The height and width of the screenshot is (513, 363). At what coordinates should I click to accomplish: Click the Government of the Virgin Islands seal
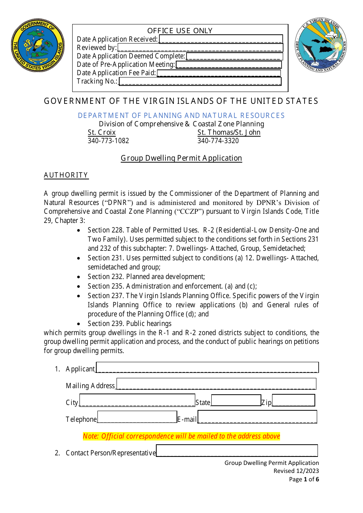38,45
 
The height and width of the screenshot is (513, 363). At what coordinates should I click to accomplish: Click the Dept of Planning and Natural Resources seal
321,45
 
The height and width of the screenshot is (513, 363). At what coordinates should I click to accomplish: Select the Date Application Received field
221,39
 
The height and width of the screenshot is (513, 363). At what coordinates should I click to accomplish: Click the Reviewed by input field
200,48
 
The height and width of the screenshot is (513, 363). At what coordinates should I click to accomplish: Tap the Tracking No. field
200,81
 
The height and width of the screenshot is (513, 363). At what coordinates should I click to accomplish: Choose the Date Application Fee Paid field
219,73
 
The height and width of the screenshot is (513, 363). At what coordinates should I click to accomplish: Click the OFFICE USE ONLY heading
180,31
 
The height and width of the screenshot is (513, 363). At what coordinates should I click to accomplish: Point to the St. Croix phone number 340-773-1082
109,141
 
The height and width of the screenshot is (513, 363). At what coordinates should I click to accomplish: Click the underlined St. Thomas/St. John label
229,132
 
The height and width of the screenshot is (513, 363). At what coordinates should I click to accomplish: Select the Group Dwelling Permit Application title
181,158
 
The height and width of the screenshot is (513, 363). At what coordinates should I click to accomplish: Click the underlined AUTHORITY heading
66,175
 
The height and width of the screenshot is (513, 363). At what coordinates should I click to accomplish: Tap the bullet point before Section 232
79,277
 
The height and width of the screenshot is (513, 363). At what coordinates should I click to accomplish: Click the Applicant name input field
207,368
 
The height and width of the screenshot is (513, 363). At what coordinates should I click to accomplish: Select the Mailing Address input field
216,384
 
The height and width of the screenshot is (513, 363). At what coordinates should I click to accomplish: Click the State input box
236,400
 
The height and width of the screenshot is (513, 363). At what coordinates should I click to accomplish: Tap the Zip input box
293,400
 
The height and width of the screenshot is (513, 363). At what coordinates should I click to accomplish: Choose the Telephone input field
137,417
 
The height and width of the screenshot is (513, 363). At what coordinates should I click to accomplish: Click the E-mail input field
257,417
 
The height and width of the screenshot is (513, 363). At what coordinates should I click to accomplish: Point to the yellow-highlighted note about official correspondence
181,436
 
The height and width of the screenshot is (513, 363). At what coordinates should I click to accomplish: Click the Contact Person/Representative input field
237,451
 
